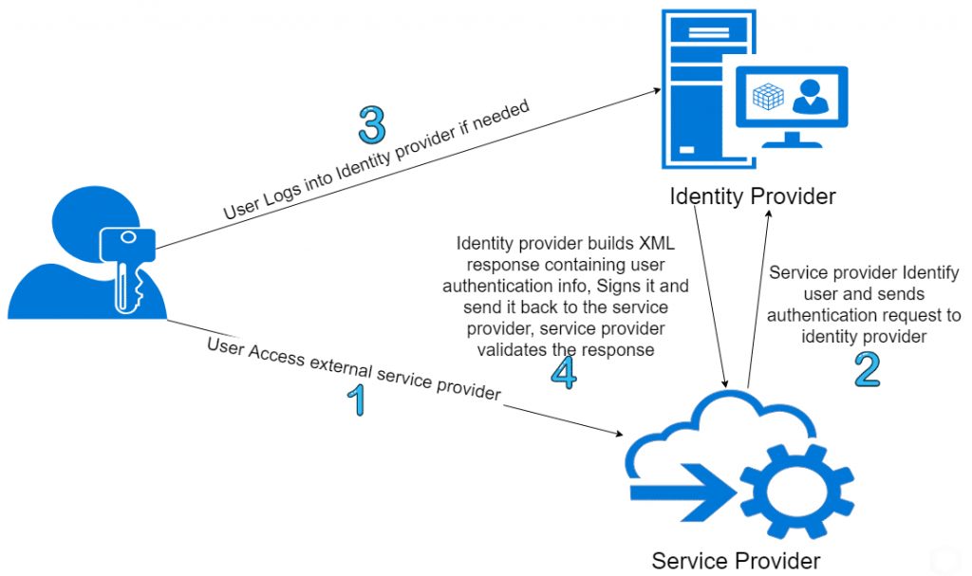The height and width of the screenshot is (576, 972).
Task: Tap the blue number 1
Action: pos(356,401)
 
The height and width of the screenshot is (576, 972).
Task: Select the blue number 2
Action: pos(866,370)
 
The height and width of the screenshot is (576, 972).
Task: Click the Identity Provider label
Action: pos(752,197)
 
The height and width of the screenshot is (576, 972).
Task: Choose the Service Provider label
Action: pos(736,560)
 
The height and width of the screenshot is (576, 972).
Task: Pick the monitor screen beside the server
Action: pos(791,101)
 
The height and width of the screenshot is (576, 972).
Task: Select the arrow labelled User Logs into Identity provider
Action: pos(408,167)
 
